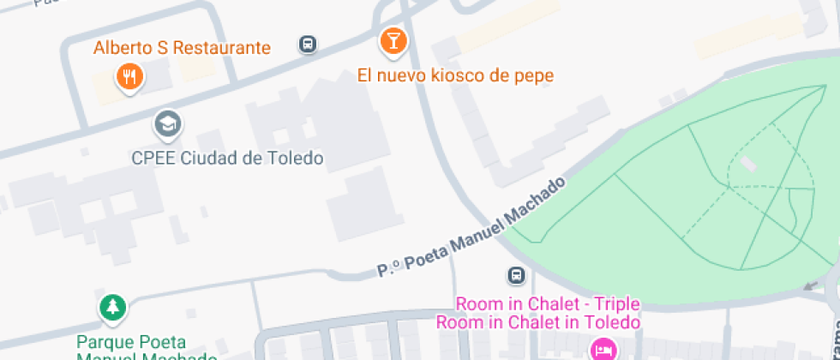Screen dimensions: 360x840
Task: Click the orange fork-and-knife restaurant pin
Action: tap(129, 78)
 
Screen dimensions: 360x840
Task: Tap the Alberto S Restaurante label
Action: tap(182, 47)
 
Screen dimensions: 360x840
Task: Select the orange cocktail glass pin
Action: tap(393, 40)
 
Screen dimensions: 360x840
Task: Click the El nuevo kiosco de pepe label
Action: tap(455, 75)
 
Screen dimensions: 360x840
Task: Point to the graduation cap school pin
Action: tap(168, 125)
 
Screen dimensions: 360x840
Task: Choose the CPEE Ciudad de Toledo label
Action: tap(227, 159)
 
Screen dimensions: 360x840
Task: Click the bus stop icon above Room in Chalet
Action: tap(516, 276)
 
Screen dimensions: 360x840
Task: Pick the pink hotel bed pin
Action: tap(603, 350)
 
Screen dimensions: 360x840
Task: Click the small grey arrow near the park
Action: tap(810, 285)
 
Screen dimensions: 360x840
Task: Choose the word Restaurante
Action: tap(222, 47)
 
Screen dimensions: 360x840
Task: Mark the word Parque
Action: tap(104, 342)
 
